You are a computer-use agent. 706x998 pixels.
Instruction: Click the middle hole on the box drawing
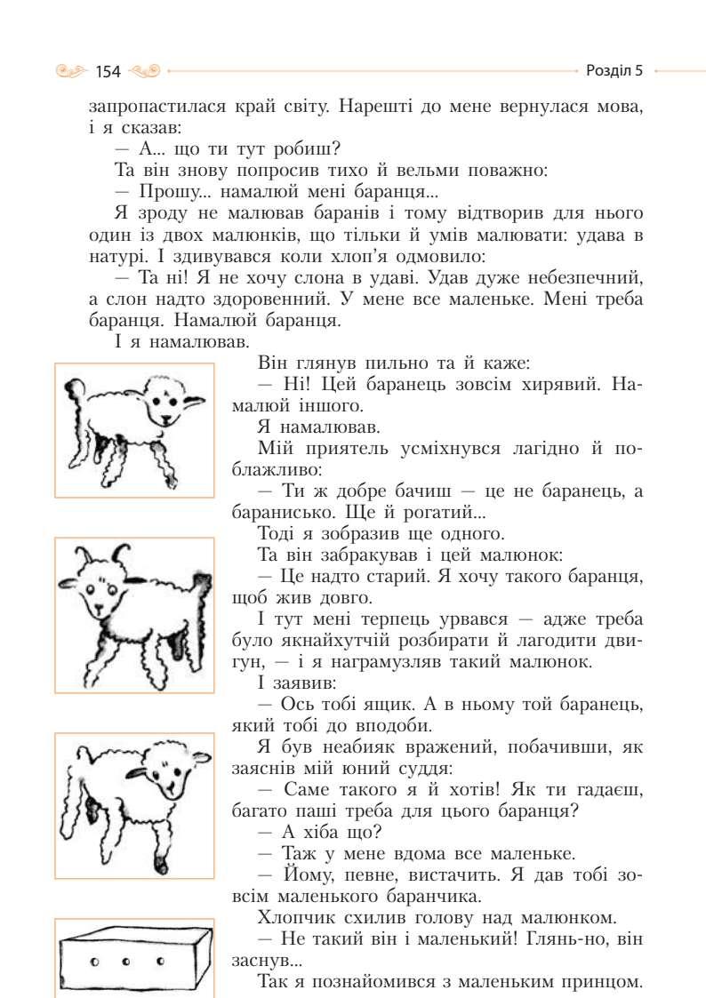pos(126,962)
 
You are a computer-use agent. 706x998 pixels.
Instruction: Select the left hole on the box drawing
pos(93,962)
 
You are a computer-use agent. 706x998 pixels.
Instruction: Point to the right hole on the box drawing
pos(160,961)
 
